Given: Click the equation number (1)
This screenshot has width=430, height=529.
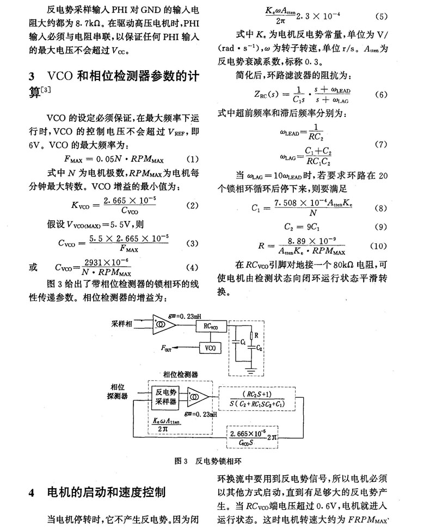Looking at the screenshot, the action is pos(192,159).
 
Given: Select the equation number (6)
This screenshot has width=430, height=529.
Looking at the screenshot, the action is pos(381,95).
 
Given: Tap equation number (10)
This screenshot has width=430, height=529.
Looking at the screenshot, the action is pos(378,246).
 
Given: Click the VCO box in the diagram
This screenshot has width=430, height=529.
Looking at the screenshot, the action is pos(210,348).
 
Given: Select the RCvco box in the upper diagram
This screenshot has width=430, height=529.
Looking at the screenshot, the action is pos(211,326).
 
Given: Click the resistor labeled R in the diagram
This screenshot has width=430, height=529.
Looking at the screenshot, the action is pos(251,336).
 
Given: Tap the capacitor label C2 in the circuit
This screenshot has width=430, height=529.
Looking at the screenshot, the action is pos(259,348).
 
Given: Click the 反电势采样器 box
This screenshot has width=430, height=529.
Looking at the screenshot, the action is pos(165,397).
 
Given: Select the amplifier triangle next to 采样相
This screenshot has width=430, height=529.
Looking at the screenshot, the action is pos(164,324).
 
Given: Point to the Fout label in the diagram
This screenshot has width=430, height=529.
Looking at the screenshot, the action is pos(166,348).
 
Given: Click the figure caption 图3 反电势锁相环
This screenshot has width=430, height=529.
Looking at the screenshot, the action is pos(208,461).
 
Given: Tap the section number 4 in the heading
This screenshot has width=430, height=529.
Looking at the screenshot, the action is pos(32,493).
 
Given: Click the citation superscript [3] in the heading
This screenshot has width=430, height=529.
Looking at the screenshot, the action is pos(46,90).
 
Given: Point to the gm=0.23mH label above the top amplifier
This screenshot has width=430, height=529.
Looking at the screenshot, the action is pos(185,316).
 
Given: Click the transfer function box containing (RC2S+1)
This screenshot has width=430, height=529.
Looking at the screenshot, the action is pos(257,399).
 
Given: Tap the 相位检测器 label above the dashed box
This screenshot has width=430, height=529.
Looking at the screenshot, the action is pos(181,374).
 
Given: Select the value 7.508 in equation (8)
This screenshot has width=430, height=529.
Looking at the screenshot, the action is pos(285,203).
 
